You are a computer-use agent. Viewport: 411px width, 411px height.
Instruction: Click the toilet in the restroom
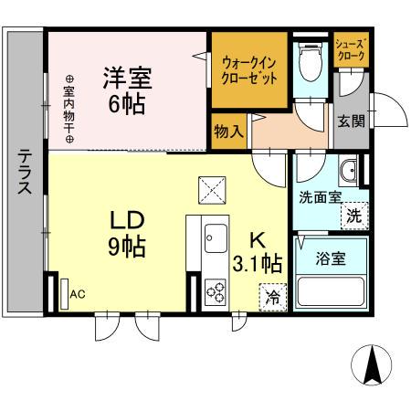point(311,61)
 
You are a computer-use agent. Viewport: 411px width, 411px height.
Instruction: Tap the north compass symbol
point(371,365)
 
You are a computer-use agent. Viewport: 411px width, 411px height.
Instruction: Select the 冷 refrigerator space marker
point(273,298)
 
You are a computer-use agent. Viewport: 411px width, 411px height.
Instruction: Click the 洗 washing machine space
point(354,216)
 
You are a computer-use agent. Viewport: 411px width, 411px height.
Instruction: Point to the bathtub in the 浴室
point(331,291)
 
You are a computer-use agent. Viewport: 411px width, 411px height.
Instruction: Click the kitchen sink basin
point(216,238)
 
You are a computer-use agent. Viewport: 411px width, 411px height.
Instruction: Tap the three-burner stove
point(216,292)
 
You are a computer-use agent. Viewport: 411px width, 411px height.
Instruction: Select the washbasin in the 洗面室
point(348,171)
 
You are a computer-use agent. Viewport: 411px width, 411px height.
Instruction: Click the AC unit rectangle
point(64,294)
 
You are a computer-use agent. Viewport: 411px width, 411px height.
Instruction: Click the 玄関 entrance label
point(351,121)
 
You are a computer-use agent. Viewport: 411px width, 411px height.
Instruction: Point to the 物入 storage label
point(228,132)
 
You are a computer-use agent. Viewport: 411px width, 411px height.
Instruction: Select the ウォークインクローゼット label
point(249,71)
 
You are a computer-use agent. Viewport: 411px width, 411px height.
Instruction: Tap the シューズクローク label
point(350,50)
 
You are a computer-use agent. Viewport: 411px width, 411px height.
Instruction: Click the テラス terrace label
point(25,171)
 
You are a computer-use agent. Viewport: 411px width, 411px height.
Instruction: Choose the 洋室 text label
point(127,78)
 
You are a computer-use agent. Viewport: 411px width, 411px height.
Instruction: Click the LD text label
point(127,221)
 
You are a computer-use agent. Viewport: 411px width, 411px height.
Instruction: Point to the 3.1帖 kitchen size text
point(258,263)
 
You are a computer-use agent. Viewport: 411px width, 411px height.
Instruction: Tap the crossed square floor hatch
point(212,190)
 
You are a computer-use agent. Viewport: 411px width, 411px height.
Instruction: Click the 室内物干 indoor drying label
point(69,109)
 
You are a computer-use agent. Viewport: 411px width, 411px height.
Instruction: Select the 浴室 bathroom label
point(331,258)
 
